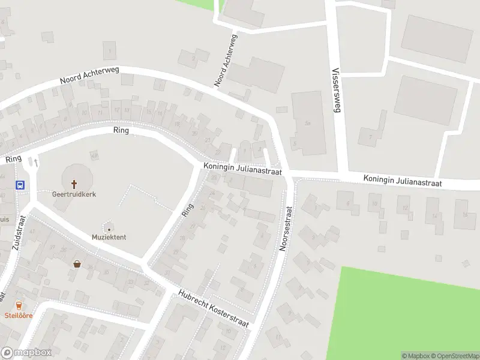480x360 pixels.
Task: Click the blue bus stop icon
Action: [20, 185]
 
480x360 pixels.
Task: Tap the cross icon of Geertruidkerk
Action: [75, 184]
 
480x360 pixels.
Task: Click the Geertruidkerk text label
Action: [74, 194]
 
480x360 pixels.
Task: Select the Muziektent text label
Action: [109, 238]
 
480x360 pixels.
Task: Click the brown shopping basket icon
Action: [77, 263]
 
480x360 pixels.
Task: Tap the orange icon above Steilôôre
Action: [19, 305]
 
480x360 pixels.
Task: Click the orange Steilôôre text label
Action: [19, 315]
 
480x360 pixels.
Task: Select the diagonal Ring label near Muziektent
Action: [188, 209]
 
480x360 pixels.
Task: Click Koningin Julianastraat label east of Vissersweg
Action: [403, 181]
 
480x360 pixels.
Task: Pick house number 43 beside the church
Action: [94, 155]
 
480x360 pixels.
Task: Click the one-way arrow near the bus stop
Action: [36, 162]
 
